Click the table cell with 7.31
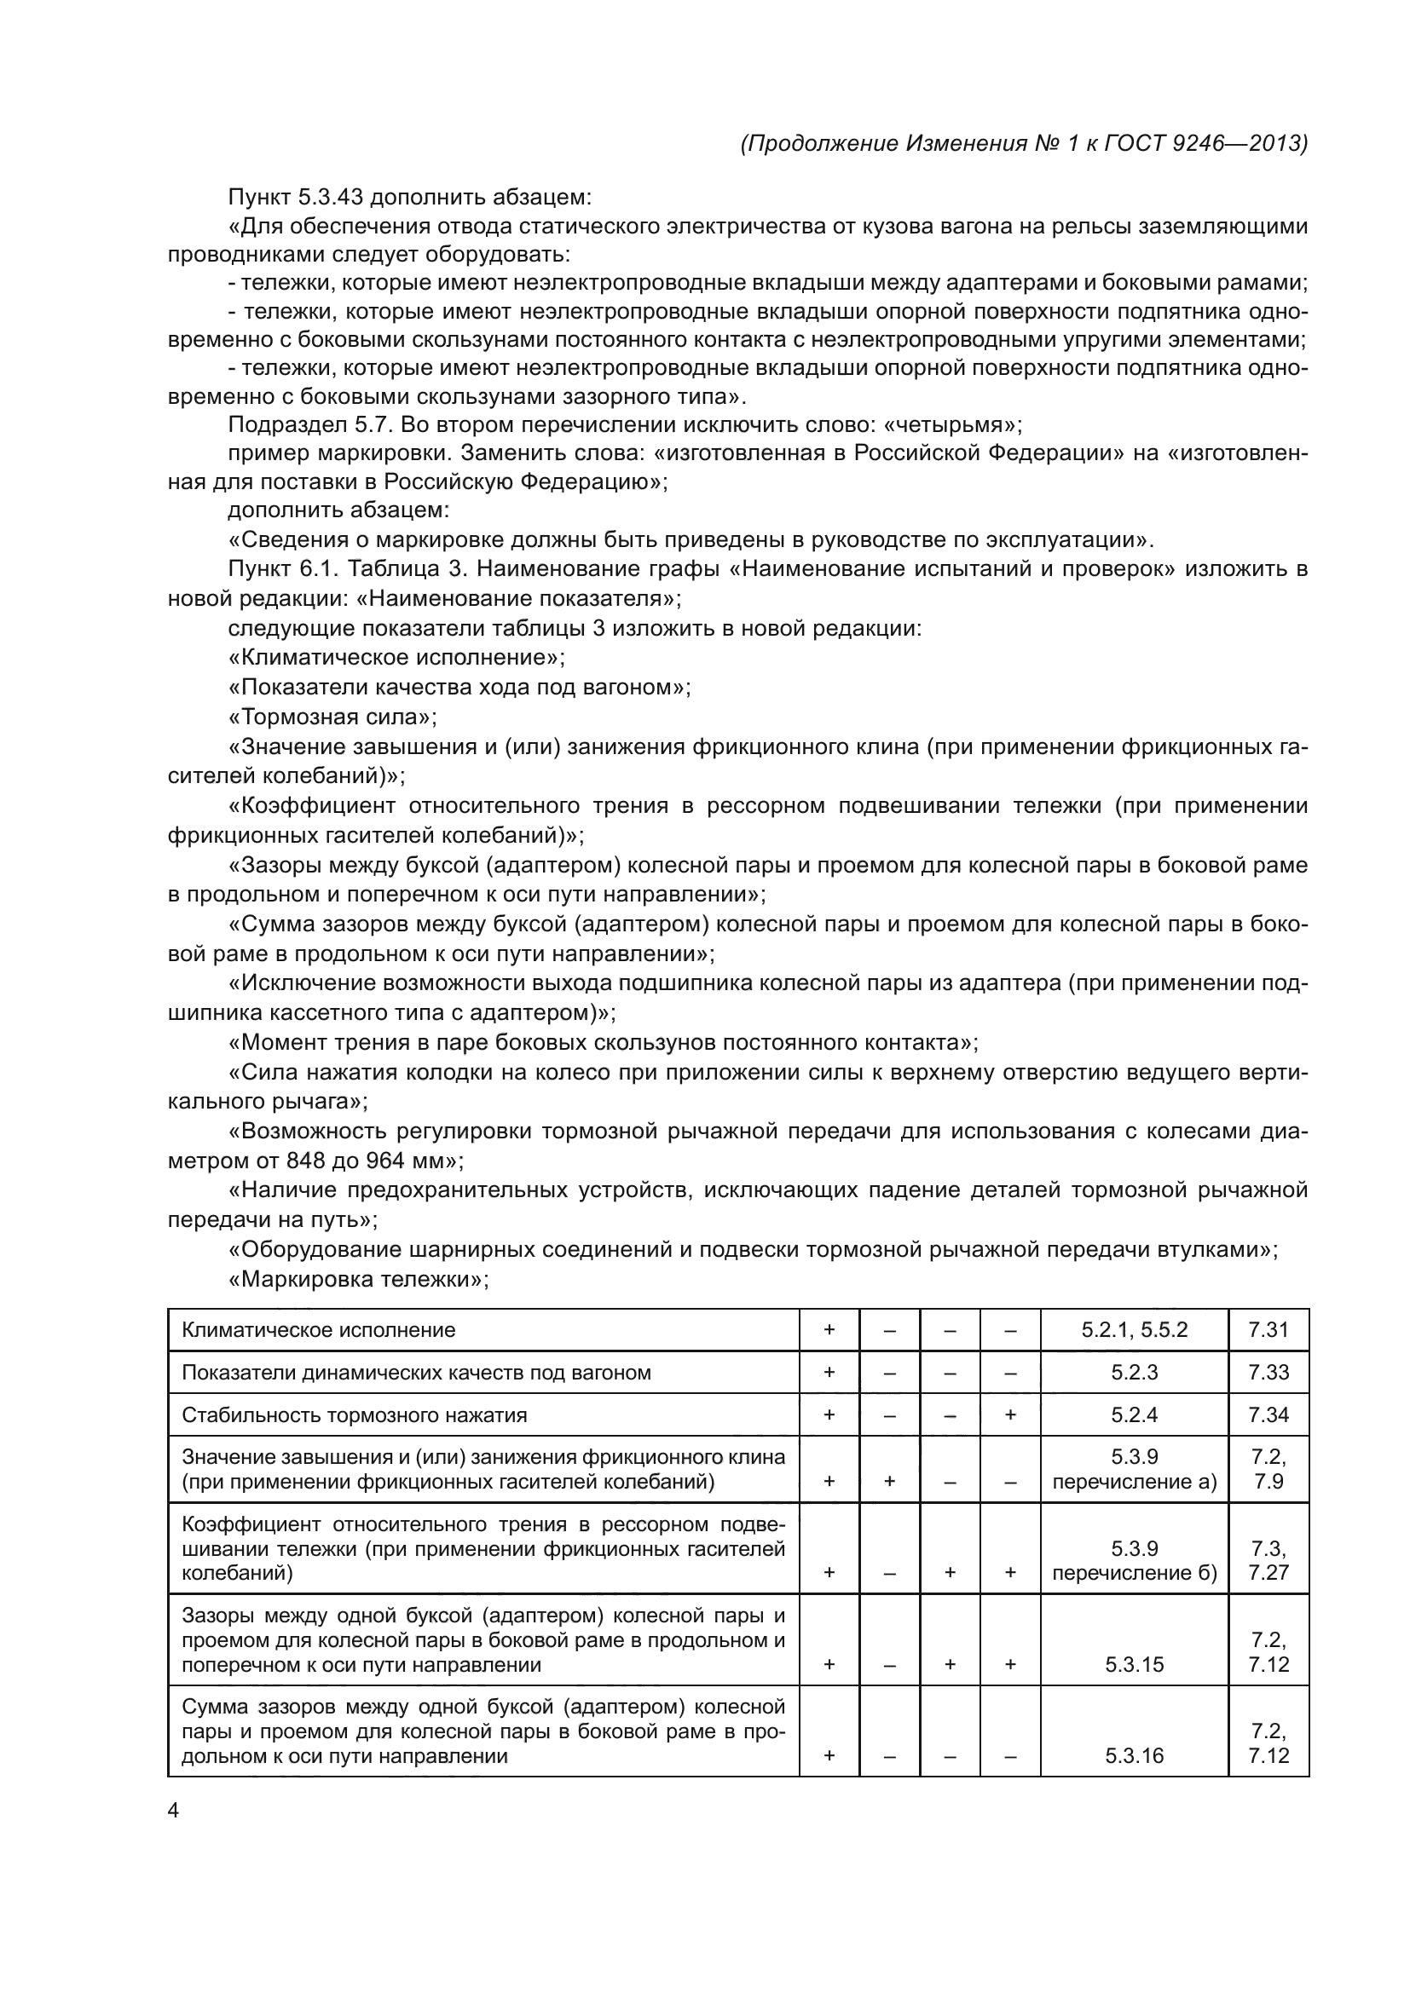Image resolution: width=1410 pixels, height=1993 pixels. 1268,1330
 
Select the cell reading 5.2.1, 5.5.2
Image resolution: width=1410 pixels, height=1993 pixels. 1134,1330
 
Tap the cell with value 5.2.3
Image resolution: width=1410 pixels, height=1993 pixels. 1134,1373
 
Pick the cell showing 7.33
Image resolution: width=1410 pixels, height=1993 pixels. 1268,1373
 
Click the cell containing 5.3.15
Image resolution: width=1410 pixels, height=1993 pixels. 1134,1664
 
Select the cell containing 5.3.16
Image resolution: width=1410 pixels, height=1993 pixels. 1134,1755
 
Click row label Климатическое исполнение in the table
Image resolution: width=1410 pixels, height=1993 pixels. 318,1330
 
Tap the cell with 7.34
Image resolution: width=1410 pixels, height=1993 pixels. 1268,1415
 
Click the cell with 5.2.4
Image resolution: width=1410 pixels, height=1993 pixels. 1134,1415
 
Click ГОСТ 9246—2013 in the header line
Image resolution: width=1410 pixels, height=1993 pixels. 1205,144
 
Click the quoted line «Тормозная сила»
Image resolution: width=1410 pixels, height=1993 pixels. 332,717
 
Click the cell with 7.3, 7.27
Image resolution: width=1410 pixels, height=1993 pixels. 1268,1561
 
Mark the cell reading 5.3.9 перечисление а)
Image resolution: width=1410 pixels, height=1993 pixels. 1134,1470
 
